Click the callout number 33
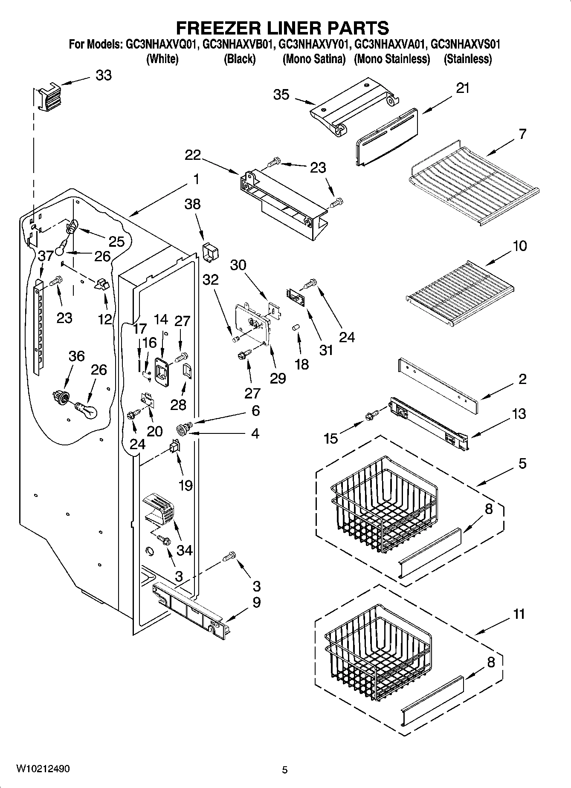point(104,75)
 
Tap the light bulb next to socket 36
point(87,410)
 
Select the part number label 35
point(281,95)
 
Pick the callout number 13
point(519,414)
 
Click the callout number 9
point(256,603)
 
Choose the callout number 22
point(192,155)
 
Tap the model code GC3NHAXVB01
point(237,44)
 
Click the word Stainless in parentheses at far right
point(468,59)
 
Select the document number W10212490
point(43,768)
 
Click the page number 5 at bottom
point(285,770)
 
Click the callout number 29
point(278,378)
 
